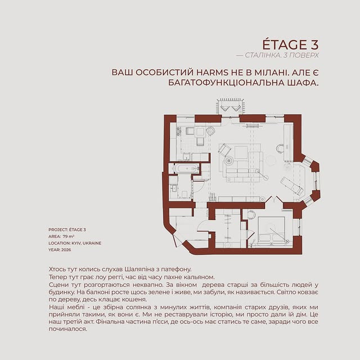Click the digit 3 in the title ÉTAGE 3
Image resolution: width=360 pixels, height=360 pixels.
(313, 45)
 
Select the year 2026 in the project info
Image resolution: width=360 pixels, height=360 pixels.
(66, 250)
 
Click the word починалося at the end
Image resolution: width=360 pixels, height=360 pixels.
(68, 329)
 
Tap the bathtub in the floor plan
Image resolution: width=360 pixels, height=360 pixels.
(186, 168)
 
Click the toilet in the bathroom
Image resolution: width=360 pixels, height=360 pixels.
(184, 195)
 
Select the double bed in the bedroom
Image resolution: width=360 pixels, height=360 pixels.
(271, 229)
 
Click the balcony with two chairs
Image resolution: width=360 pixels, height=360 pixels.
(230, 106)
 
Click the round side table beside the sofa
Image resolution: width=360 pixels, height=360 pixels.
(229, 160)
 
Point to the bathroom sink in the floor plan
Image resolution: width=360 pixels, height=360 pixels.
(173, 188)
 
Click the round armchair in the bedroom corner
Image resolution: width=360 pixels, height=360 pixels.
(251, 215)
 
